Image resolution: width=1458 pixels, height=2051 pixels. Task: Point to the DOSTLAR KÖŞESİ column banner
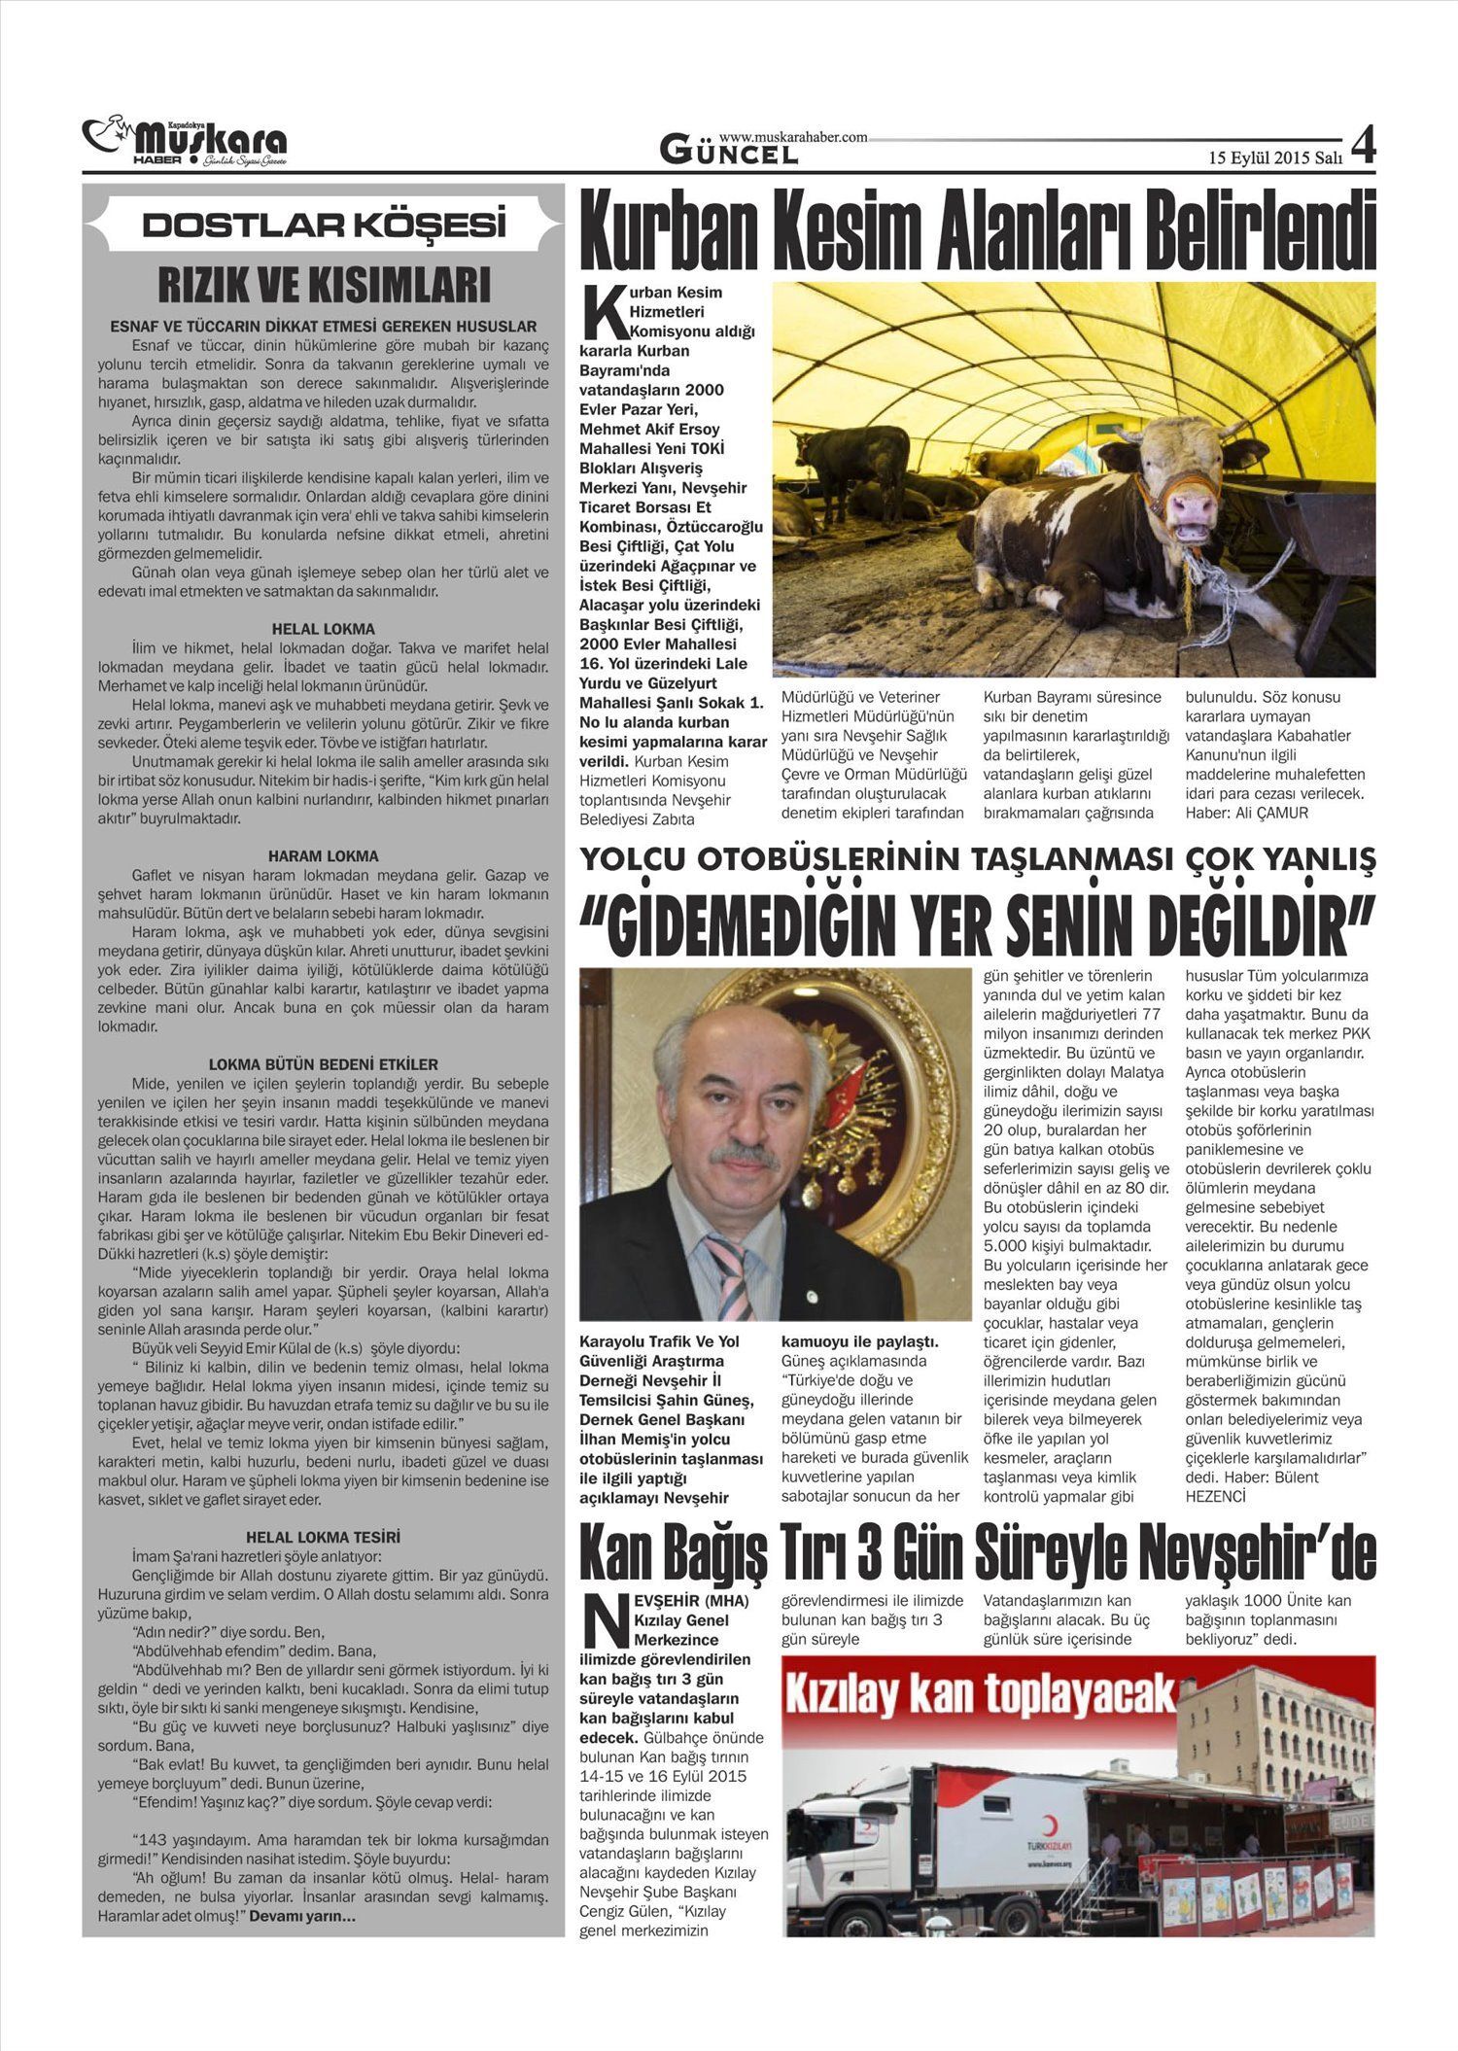[324, 226]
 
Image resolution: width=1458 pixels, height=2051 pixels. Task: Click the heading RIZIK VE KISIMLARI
[324, 286]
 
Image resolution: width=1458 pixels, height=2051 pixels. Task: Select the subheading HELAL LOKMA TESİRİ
[323, 1537]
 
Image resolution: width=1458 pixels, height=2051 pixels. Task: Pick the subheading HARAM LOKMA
[323, 856]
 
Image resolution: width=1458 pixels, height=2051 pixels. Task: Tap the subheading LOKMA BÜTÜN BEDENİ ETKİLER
[323, 1064]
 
